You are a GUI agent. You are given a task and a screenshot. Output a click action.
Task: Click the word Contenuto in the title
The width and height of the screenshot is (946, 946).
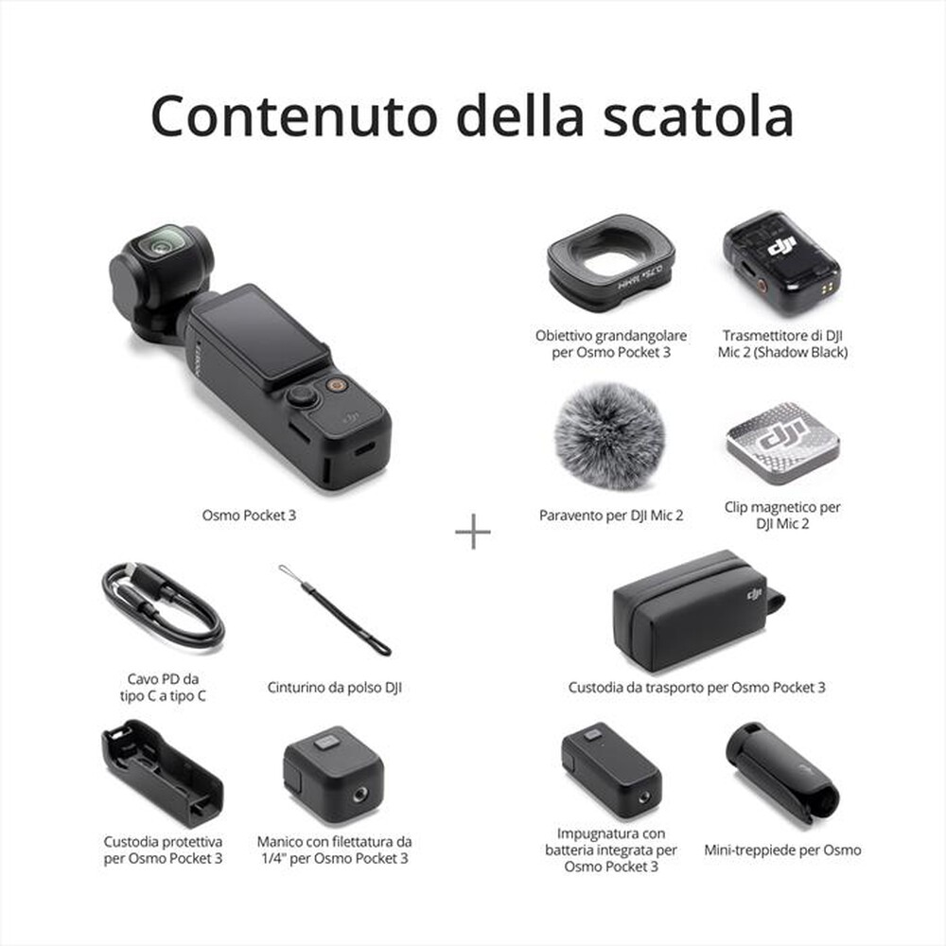coord(294,116)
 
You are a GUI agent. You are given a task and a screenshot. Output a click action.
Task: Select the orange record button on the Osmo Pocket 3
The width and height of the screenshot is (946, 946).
coord(335,385)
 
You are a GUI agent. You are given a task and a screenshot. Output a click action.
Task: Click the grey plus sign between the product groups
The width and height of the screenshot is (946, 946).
coord(473,533)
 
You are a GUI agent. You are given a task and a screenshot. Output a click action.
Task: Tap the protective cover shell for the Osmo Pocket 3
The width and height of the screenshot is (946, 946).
coord(162,773)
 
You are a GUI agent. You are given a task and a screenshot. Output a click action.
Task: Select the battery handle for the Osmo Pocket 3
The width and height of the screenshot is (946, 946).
coord(610,769)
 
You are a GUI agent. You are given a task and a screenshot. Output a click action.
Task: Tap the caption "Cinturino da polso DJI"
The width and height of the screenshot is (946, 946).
coord(334,688)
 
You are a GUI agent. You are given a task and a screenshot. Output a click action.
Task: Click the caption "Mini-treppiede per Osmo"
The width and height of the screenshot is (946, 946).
coord(782,850)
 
